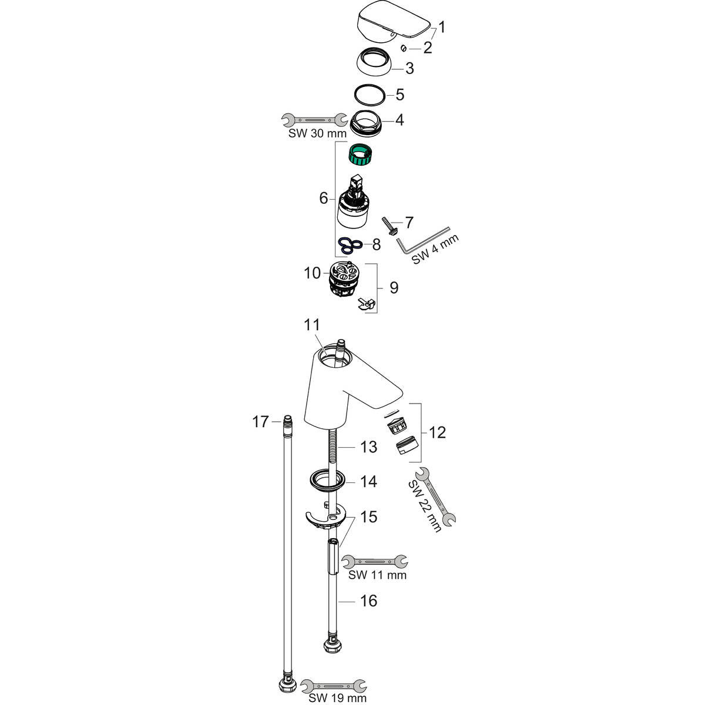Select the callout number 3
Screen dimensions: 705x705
(x=409, y=69)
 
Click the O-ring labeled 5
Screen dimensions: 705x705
(x=371, y=94)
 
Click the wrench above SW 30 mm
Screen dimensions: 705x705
(x=314, y=120)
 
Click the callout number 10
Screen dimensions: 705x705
(x=312, y=273)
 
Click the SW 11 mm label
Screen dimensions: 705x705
(x=377, y=575)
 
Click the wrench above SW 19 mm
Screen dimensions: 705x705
(x=333, y=685)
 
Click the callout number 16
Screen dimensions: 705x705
(x=368, y=601)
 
